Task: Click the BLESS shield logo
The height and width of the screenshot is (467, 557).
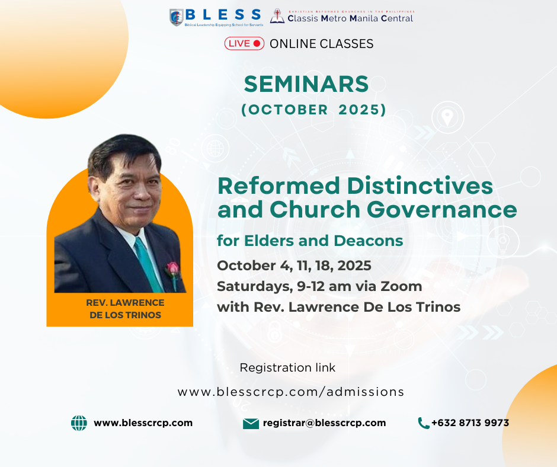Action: pos(177,17)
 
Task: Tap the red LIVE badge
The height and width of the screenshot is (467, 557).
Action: pos(244,43)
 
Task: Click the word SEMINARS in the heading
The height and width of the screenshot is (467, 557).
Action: pos(306,84)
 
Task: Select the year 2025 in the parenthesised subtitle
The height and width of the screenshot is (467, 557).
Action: pos(360,110)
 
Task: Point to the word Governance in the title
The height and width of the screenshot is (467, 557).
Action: pos(442,209)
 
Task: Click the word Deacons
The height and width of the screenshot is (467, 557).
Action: pos(369,241)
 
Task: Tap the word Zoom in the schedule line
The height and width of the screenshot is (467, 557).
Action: pos(401,286)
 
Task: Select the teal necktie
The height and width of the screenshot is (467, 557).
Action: pos(148,265)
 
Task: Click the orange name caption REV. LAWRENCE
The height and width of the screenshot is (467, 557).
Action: pos(125,303)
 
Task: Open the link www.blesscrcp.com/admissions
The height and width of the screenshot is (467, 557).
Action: pos(291,392)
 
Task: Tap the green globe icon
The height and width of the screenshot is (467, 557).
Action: pos(79,423)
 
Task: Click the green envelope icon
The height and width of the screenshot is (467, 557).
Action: pos(251,424)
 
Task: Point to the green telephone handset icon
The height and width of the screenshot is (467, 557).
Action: pos(424,423)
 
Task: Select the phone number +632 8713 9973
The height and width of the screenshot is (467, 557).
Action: pos(470,423)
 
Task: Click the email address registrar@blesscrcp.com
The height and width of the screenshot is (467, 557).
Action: pos(324,423)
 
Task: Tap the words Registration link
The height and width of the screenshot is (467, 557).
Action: pos(287,367)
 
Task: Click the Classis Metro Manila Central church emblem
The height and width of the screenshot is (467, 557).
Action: pos(277,16)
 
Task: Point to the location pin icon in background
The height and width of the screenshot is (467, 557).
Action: pos(447,117)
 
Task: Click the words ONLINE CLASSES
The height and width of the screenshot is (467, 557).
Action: pos(322,44)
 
